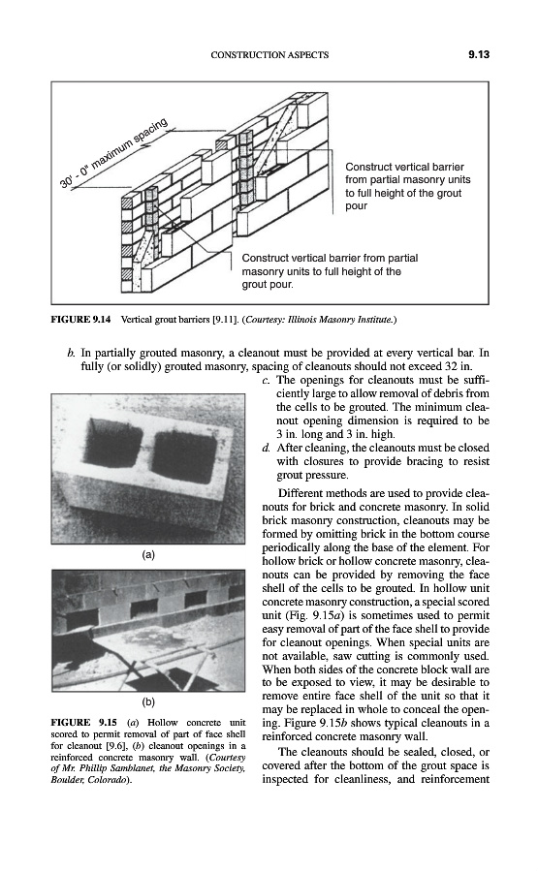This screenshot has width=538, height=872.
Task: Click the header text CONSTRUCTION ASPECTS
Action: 269,55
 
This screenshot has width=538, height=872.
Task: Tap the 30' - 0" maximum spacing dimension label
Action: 114,153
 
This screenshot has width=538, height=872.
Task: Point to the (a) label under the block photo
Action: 148,554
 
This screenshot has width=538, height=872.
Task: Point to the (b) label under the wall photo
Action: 148,701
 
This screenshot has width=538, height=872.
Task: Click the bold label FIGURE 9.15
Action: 84,723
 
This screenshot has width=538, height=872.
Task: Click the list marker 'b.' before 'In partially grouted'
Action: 71,353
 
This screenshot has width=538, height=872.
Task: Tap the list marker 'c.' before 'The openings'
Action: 266,381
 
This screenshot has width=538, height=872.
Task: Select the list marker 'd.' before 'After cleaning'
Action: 266,448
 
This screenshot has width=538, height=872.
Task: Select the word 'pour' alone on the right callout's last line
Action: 356,206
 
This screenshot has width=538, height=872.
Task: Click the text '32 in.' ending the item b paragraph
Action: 459,366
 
